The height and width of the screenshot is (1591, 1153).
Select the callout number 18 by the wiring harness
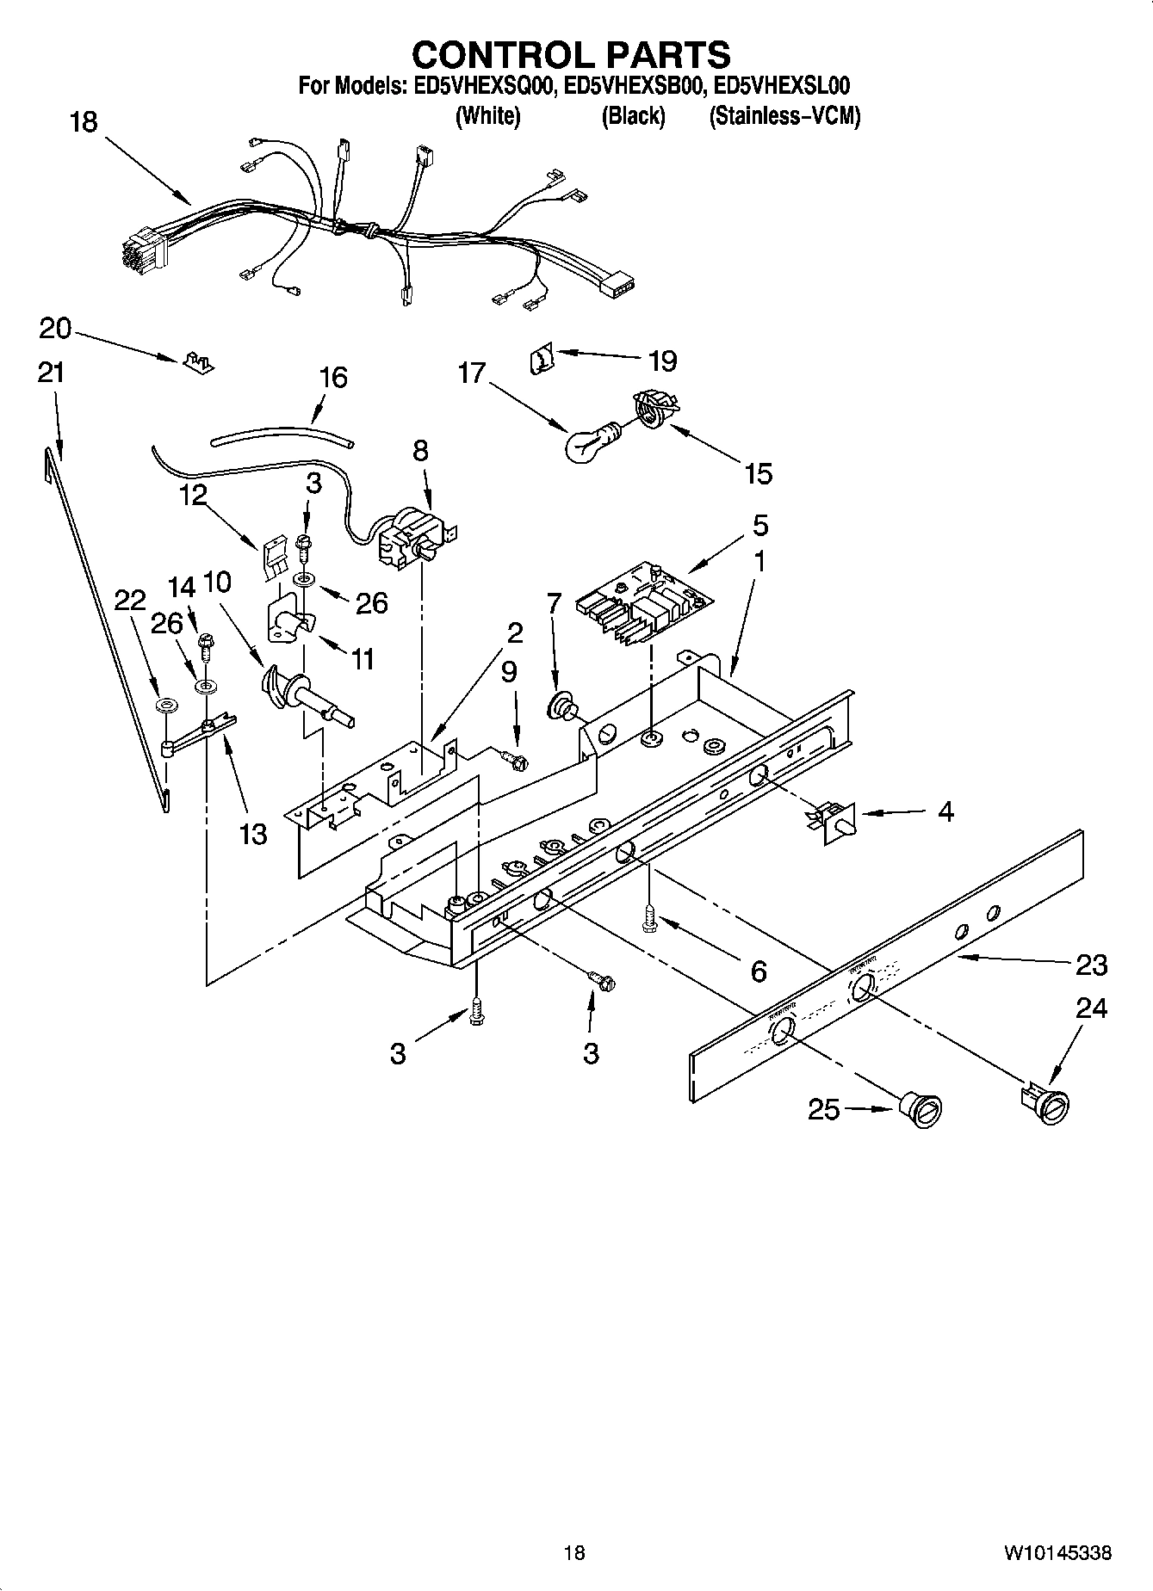83,122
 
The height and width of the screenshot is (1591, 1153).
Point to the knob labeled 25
921,1109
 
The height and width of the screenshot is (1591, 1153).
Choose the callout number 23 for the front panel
1091,965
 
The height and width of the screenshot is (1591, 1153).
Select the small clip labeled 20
198,362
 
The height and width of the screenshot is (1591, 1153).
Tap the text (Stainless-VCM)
784,116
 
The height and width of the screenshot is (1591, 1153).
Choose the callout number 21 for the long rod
51,373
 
